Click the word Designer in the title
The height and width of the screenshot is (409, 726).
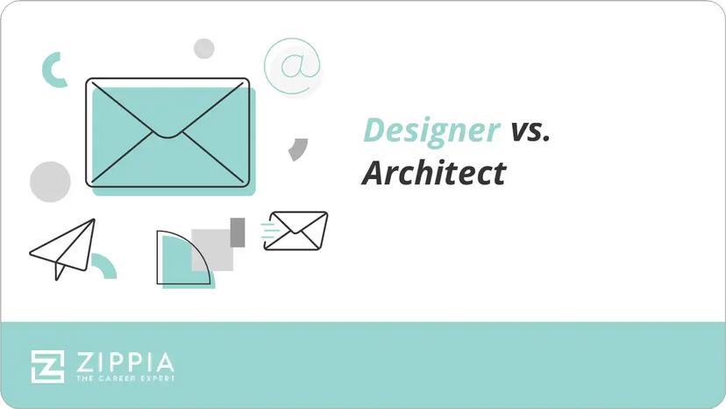(x=431, y=130)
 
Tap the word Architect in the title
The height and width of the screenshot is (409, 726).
(x=433, y=173)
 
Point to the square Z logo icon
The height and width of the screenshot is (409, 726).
(x=48, y=366)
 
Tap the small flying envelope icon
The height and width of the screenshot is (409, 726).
(x=297, y=230)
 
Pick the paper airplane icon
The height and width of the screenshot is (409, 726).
(x=63, y=248)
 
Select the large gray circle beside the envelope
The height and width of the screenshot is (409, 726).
(x=50, y=182)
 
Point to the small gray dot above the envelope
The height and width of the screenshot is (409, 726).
(x=204, y=48)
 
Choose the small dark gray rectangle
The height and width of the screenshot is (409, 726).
(x=237, y=231)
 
